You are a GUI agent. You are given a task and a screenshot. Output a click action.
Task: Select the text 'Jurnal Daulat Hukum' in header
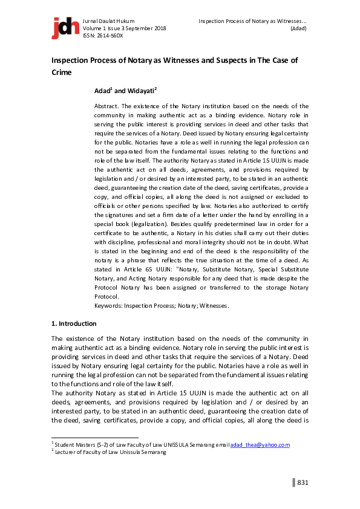[x=108, y=21]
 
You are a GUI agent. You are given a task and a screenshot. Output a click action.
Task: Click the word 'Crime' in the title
[x=61, y=72]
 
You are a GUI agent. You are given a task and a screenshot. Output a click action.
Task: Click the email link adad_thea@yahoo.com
[x=260, y=445]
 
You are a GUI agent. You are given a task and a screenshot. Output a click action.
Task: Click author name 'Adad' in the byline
[x=102, y=91]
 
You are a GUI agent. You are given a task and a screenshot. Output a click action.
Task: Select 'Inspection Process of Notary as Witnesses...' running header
[x=252, y=21]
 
